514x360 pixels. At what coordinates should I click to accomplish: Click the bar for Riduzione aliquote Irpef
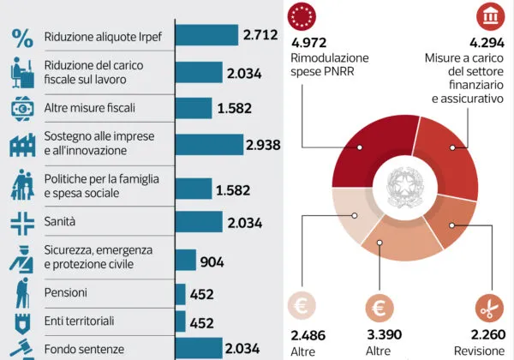[206, 35]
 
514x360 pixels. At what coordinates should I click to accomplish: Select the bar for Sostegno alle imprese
[209, 144]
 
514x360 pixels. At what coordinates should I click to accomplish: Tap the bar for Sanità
[198, 223]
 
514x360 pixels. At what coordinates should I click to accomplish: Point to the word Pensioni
[66, 293]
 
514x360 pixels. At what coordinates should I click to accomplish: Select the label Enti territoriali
[79, 321]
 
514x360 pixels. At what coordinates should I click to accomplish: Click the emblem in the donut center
[400, 184]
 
